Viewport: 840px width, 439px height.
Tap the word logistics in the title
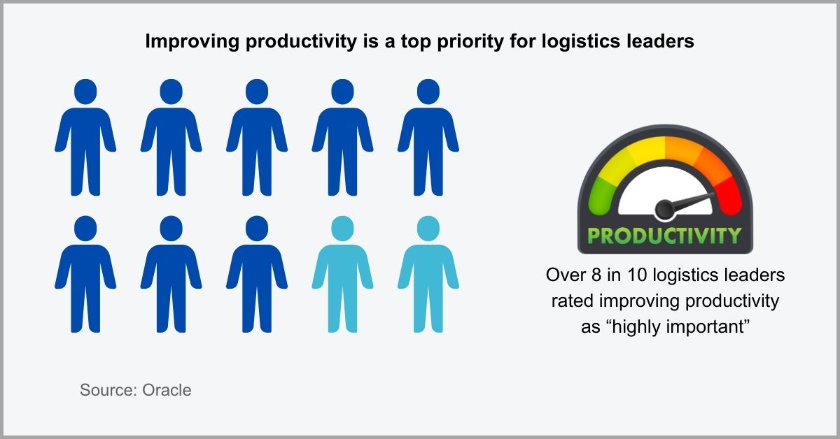point(580,42)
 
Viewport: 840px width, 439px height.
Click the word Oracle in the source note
point(167,390)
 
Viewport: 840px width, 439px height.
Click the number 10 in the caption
point(637,275)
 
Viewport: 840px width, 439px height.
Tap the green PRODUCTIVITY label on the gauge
point(664,236)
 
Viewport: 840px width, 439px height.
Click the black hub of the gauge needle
point(665,209)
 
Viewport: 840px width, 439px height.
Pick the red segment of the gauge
point(729,196)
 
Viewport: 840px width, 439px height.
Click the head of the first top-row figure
point(85,92)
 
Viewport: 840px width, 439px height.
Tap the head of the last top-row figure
point(428,92)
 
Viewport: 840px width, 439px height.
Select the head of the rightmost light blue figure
point(428,229)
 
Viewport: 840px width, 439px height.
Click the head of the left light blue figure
point(342,229)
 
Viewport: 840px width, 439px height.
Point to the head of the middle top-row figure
point(257,92)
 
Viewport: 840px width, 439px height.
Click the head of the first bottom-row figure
point(85,229)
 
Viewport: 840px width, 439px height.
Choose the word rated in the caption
point(572,301)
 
